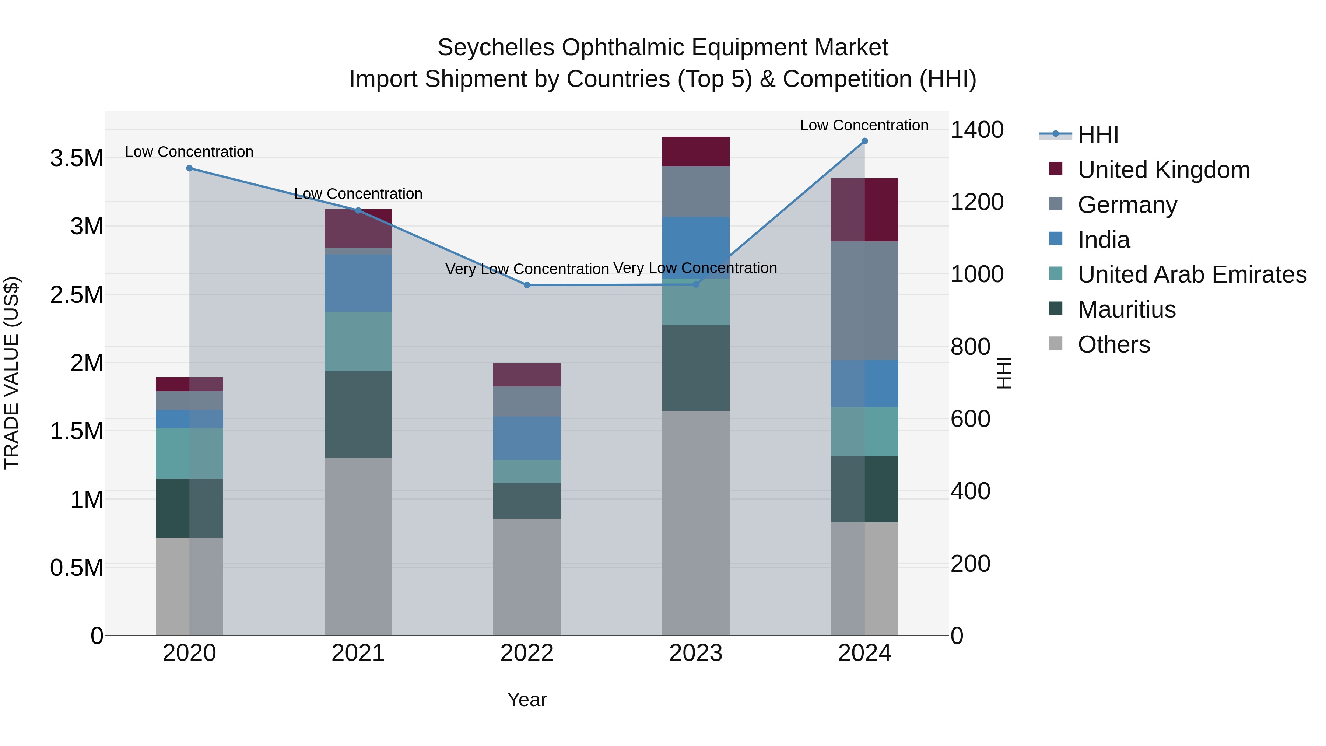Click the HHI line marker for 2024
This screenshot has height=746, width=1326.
coord(864,141)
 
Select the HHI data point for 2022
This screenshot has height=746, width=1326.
coord(527,285)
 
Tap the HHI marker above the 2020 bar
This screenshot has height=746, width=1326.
coord(189,168)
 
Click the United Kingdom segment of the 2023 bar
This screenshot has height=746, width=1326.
coord(695,151)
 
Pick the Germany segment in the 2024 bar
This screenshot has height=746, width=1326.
coord(864,301)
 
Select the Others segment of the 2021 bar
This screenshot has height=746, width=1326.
coord(358,546)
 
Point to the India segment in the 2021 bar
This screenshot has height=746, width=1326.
coord(358,283)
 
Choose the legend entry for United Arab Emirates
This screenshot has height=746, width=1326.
coord(1192,274)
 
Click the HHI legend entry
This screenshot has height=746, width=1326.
coord(1098,135)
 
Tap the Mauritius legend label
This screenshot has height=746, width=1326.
coord(1126,309)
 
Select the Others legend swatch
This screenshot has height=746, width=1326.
coord(1055,343)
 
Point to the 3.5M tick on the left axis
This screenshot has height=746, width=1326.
coord(76,158)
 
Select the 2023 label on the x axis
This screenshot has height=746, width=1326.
coord(695,653)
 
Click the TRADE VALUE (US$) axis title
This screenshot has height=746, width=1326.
coord(11,373)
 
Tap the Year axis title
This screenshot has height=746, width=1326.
coord(527,700)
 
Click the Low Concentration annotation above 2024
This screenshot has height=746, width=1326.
coord(864,125)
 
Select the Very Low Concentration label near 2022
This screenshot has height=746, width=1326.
coord(527,269)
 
